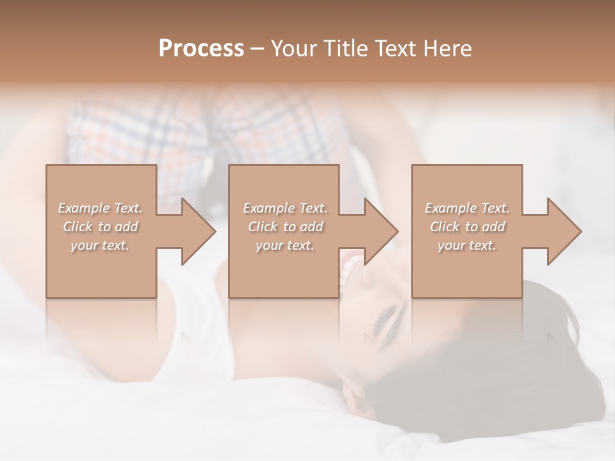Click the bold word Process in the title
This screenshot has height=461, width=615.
[201, 49]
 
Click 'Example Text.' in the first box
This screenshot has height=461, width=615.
[100, 208]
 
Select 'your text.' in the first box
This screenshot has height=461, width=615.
[100, 245]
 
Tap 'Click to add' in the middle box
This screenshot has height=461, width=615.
[285, 227]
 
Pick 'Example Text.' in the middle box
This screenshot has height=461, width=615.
[285, 208]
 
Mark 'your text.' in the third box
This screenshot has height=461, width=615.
[467, 245]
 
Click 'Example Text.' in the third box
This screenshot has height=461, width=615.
[467, 208]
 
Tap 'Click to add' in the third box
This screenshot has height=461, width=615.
[467, 227]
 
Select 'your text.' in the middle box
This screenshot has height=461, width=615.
[285, 245]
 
